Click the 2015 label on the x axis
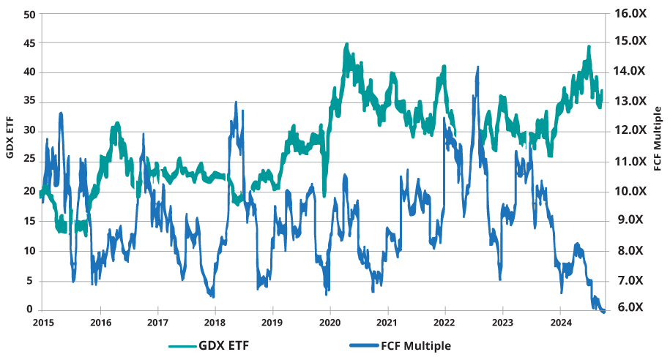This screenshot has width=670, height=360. pos(42,320)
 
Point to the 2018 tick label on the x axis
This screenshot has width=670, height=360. pos(215,320)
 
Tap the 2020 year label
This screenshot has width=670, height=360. pos(330,320)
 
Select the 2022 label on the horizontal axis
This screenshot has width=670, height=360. pos(444,320)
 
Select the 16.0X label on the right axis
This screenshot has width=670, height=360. pos(630,12)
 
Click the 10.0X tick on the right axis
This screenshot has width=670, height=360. pos(630,191)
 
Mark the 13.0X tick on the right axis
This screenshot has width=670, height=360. pos(630,102)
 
